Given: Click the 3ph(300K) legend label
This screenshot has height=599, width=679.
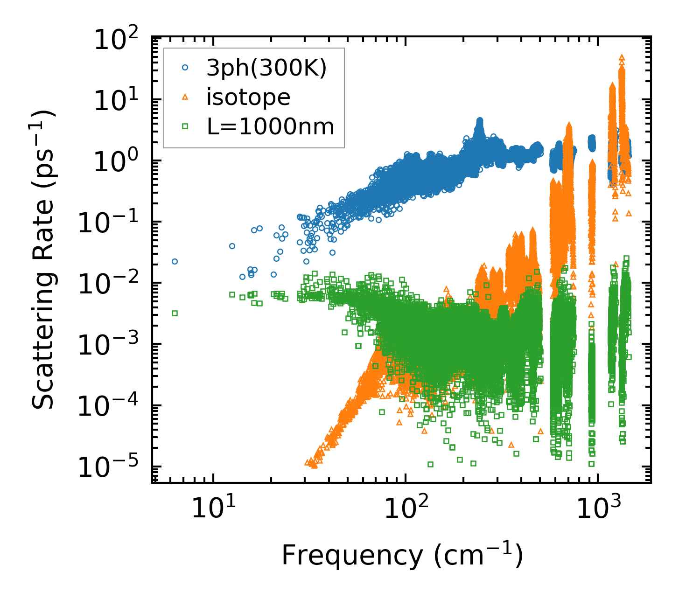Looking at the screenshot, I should (266, 68).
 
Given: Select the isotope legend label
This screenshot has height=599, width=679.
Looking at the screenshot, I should (249, 97).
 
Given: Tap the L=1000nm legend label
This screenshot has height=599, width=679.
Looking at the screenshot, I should (271, 126).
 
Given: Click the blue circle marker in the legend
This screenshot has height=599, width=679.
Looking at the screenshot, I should (185, 68).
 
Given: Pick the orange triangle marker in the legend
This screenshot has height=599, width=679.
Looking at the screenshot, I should (185, 97).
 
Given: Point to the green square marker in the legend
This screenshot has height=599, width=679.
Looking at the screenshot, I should (185, 126).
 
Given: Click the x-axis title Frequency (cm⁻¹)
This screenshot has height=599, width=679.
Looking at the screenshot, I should (402, 555).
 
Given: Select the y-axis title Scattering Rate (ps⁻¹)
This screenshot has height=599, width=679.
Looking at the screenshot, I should (44, 259).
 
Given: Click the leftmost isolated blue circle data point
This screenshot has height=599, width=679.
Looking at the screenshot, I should (175, 261).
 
